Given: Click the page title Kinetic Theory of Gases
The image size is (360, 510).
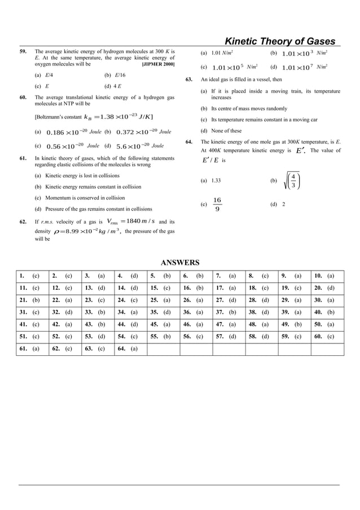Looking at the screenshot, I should pos(280,41).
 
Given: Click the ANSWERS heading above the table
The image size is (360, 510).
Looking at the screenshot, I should pos(180,263).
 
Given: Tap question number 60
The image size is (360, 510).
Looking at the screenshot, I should pos(23,98).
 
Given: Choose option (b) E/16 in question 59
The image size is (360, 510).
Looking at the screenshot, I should pos(115,75).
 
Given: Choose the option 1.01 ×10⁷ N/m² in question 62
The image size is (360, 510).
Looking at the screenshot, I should pos(305,68).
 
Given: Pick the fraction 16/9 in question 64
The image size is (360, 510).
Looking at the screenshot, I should pos(218,205).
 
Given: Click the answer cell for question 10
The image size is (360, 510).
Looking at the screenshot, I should pos(327,276).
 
